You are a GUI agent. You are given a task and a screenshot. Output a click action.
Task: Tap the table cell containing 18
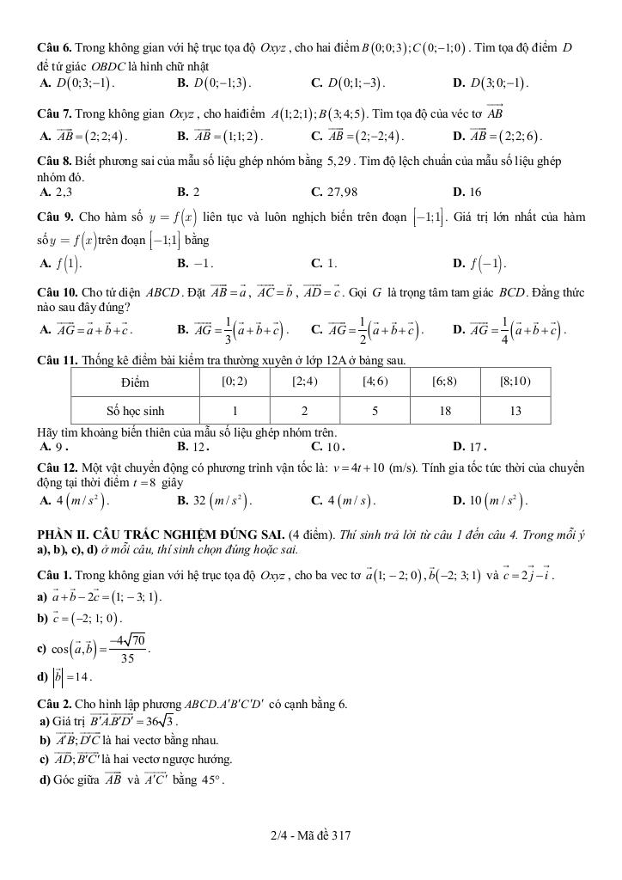pos(444,411)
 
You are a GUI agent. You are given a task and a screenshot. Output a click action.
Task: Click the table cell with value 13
pos(515,411)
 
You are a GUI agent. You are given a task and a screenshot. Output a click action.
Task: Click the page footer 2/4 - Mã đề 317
pos(310,835)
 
